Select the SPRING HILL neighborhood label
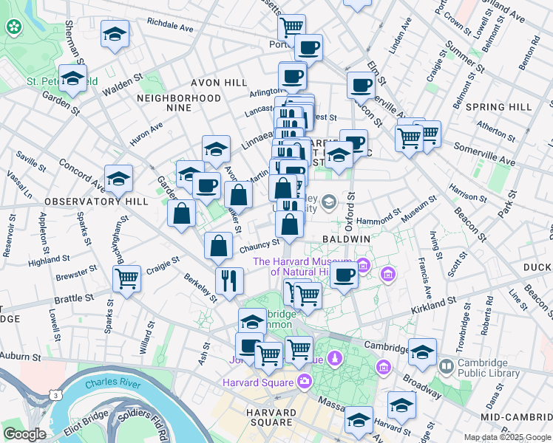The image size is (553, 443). [x=499, y=107]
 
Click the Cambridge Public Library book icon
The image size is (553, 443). [x=446, y=366]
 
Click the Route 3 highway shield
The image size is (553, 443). [x=55, y=396]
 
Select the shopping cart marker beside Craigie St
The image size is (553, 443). [x=127, y=279]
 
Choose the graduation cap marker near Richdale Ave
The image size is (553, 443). [x=115, y=35]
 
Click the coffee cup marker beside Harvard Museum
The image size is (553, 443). [x=344, y=275]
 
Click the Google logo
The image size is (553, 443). [x=24, y=434]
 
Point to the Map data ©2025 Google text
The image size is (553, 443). [x=506, y=437]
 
